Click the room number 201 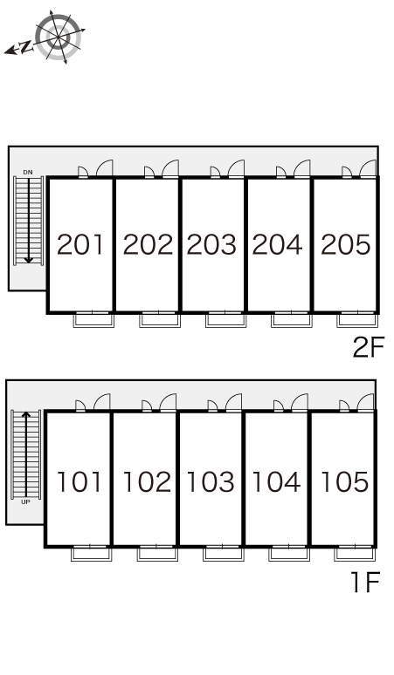click(x=80, y=244)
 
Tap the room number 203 click(x=211, y=244)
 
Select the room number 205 click(x=346, y=244)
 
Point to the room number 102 click(x=147, y=481)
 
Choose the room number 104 click(x=276, y=481)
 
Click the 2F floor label click(x=368, y=347)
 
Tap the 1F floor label click(x=365, y=582)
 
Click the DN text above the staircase click(x=28, y=172)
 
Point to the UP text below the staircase click(x=26, y=502)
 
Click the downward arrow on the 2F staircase click(x=29, y=221)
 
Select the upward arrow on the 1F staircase click(x=26, y=454)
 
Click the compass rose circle click(x=59, y=37)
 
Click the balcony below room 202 click(x=160, y=320)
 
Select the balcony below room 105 click(x=355, y=554)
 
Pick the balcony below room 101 click(x=92, y=554)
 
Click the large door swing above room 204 click(x=301, y=168)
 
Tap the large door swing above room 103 click(x=233, y=403)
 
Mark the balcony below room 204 click(x=292, y=320)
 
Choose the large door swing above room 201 click(x=104, y=168)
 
